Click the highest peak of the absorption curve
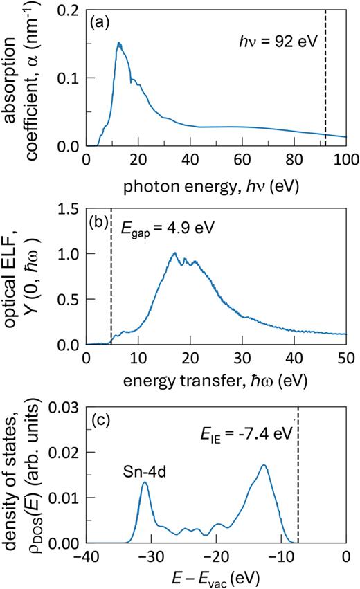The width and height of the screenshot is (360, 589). (x=118, y=43)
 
